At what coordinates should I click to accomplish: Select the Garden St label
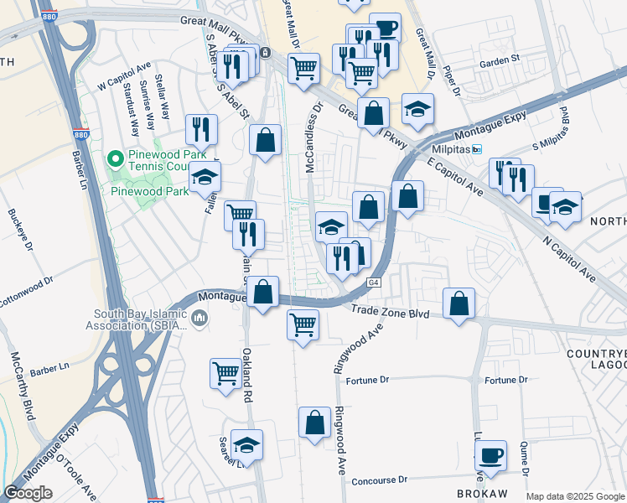click(500, 60)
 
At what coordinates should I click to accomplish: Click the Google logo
click(28, 493)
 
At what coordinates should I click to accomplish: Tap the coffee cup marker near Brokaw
click(490, 455)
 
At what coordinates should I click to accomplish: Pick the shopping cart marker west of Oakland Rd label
click(225, 374)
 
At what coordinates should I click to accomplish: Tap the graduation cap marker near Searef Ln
click(246, 444)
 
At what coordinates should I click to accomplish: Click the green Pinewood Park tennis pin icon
click(117, 158)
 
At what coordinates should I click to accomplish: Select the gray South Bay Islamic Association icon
click(199, 318)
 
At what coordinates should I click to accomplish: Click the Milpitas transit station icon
click(477, 149)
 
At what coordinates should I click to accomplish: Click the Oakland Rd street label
click(247, 373)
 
